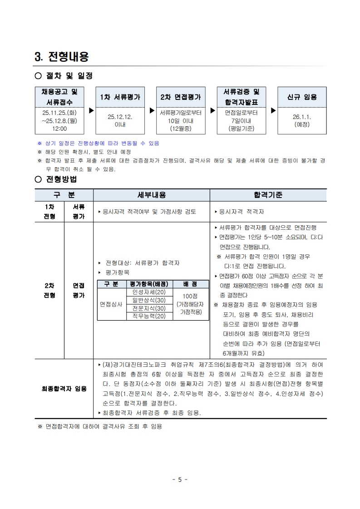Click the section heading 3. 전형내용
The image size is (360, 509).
click(62, 57)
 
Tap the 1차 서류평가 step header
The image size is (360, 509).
click(120, 97)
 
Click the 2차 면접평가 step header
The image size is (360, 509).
click(180, 97)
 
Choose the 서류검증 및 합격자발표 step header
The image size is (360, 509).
click(241, 97)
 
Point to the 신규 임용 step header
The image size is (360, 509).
click(302, 97)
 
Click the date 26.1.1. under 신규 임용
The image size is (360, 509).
click(302, 117)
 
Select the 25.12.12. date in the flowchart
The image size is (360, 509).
click(120, 117)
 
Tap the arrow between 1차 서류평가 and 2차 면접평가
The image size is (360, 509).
click(152, 110)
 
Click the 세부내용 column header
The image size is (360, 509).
click(152, 195)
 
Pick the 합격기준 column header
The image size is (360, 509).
click(268, 195)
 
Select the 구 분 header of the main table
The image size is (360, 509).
click(64, 195)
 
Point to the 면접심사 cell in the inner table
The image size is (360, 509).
click(111, 304)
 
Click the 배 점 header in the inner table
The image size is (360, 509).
click(190, 284)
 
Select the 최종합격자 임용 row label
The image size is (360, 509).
click(64, 389)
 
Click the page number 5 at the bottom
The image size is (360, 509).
click(180, 479)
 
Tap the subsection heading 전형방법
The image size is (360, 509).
click(62, 179)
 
